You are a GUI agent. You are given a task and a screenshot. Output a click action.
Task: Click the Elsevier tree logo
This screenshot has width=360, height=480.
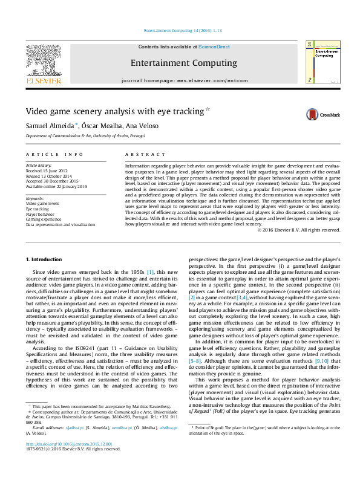click(43, 60)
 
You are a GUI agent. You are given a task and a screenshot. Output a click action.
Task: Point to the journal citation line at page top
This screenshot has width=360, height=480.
click(180, 30)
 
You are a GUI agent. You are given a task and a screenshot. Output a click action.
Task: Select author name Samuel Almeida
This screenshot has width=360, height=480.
click(48, 125)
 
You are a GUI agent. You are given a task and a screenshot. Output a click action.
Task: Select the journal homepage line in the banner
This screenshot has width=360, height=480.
click(185, 80)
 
